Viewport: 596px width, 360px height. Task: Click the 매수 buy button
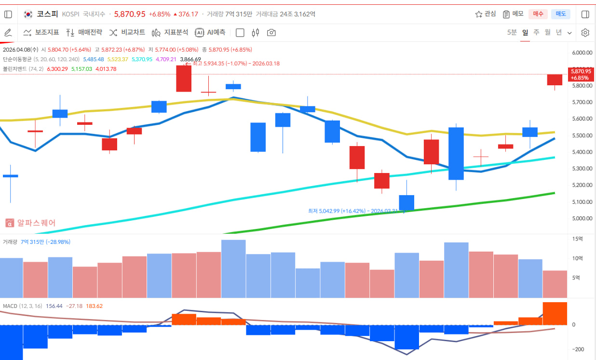coord(538,14)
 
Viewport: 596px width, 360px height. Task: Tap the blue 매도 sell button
coord(560,14)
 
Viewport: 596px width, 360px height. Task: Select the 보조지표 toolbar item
coord(41,33)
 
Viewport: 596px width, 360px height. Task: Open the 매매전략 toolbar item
coord(84,33)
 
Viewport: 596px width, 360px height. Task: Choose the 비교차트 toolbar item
coord(127,33)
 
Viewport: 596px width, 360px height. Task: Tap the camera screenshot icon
coord(271,33)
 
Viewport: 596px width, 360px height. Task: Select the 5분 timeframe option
coord(512,33)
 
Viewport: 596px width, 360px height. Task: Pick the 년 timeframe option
coord(559,33)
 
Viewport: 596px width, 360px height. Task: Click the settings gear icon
coord(585,33)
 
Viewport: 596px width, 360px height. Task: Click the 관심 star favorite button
coord(485,14)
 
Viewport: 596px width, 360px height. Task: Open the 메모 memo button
coord(513,14)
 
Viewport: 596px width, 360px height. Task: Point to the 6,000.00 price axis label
coord(582,53)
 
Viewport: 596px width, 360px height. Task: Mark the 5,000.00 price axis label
coord(582,218)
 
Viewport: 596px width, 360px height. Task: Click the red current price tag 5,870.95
coord(581,74)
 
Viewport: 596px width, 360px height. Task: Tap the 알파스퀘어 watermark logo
coord(30,223)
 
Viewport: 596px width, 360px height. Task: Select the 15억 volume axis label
coord(577,239)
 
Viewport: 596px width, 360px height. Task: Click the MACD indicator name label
coord(10,306)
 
